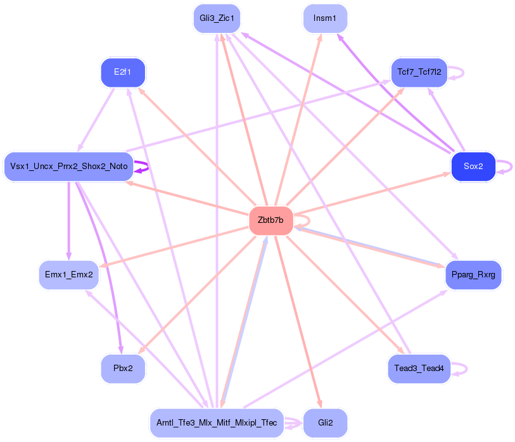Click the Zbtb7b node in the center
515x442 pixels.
pos(270,220)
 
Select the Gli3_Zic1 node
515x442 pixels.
pos(217,18)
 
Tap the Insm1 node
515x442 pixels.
pos(325,18)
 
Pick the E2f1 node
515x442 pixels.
pos(123,72)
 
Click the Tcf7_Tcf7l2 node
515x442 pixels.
pos(419,72)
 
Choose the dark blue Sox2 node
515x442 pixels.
pos(473,167)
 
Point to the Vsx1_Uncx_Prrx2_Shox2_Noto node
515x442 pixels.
pos(69,167)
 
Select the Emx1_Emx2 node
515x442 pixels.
pos(69,275)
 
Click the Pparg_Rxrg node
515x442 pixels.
pos(473,275)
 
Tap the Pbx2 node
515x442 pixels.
pos(123,369)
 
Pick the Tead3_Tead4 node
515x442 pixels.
pos(419,369)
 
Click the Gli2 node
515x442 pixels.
pos(325,423)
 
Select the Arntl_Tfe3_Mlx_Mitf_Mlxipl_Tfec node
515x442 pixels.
pos(217,423)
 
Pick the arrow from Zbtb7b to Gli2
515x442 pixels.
pos(298,317)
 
